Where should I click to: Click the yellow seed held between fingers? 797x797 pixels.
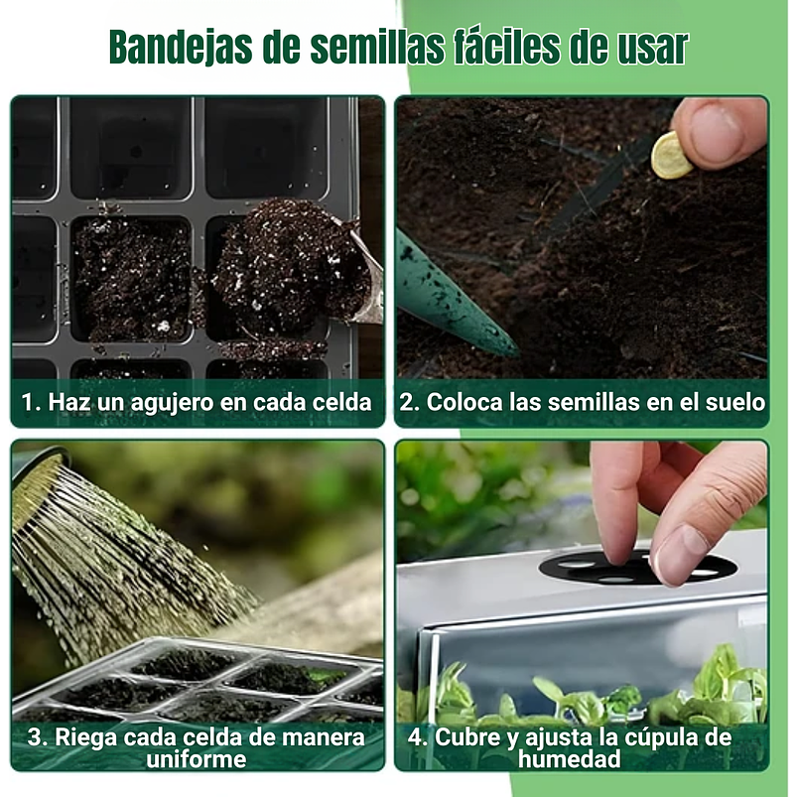[x=672, y=157]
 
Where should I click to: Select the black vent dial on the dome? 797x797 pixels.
[x=635, y=568]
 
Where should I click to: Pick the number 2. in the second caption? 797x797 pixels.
[x=409, y=402]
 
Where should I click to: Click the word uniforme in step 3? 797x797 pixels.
[x=199, y=759]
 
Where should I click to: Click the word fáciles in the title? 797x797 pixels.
[x=509, y=46]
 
